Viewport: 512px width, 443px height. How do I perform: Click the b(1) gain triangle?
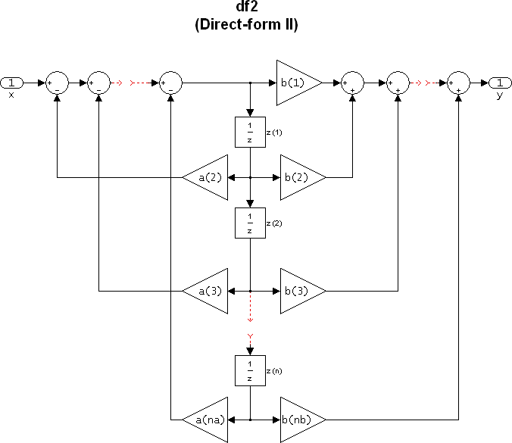click(295, 82)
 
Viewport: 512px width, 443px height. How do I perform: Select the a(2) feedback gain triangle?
click(208, 178)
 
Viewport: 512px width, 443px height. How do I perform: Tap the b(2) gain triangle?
click(299, 178)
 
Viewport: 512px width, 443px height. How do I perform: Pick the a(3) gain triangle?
click(208, 290)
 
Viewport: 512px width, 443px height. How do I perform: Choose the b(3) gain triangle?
click(299, 290)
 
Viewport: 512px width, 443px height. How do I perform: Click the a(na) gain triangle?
click(208, 418)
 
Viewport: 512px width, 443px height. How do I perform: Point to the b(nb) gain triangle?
click(299, 418)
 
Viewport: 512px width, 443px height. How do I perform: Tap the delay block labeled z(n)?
click(250, 371)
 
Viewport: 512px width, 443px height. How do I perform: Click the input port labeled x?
click(11, 82)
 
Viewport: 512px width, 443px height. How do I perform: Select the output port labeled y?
click(500, 82)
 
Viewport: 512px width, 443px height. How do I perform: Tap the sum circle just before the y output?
click(459, 82)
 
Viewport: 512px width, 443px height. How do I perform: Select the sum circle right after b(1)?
click(353, 82)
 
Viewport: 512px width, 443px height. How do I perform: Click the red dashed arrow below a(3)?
click(250, 318)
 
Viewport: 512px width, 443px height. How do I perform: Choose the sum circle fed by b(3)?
click(398, 82)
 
